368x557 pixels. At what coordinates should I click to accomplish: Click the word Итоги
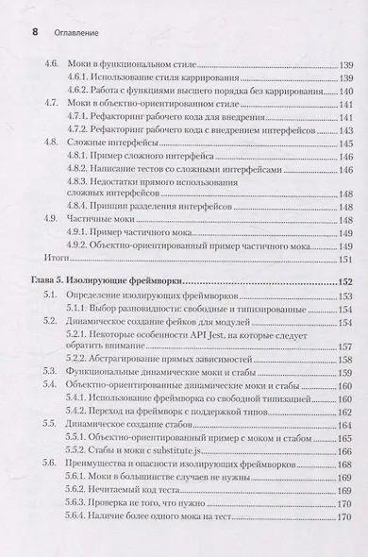tap(59, 256)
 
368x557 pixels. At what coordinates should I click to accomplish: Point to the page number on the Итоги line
tap(346, 256)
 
